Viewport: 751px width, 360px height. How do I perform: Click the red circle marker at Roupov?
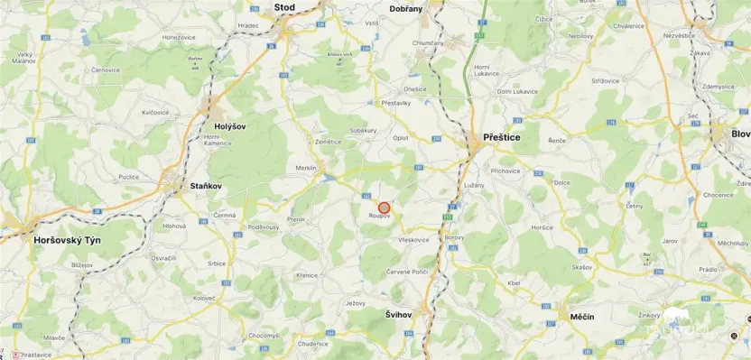384,208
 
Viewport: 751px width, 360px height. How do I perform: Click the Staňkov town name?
206,186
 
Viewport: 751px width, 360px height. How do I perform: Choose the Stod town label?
284,6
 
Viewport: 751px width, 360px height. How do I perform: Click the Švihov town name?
391,314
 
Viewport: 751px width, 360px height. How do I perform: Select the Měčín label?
582,318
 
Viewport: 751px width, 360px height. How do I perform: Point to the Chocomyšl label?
264,335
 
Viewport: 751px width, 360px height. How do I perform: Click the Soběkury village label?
364,130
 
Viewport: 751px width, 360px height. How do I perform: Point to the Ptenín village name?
295,219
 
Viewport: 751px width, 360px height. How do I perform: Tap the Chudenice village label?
312,344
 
